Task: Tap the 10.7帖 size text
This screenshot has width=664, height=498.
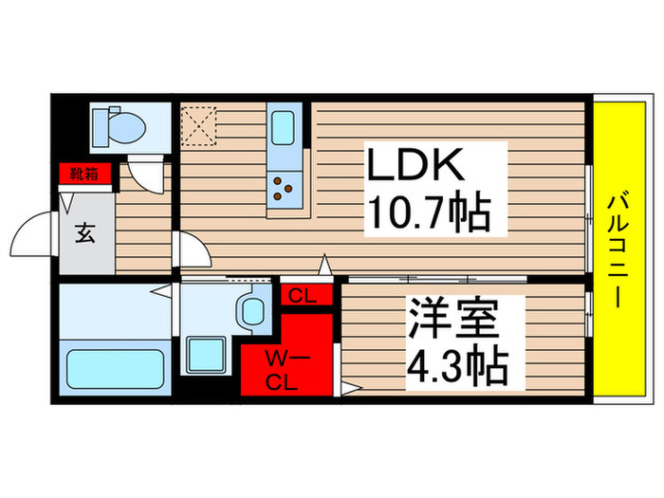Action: coord(429,214)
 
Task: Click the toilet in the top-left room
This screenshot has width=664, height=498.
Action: coord(117,124)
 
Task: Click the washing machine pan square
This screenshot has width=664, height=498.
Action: coord(207,355)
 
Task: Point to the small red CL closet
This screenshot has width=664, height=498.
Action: coord(304,296)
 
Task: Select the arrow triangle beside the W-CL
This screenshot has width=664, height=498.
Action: coord(348,386)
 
